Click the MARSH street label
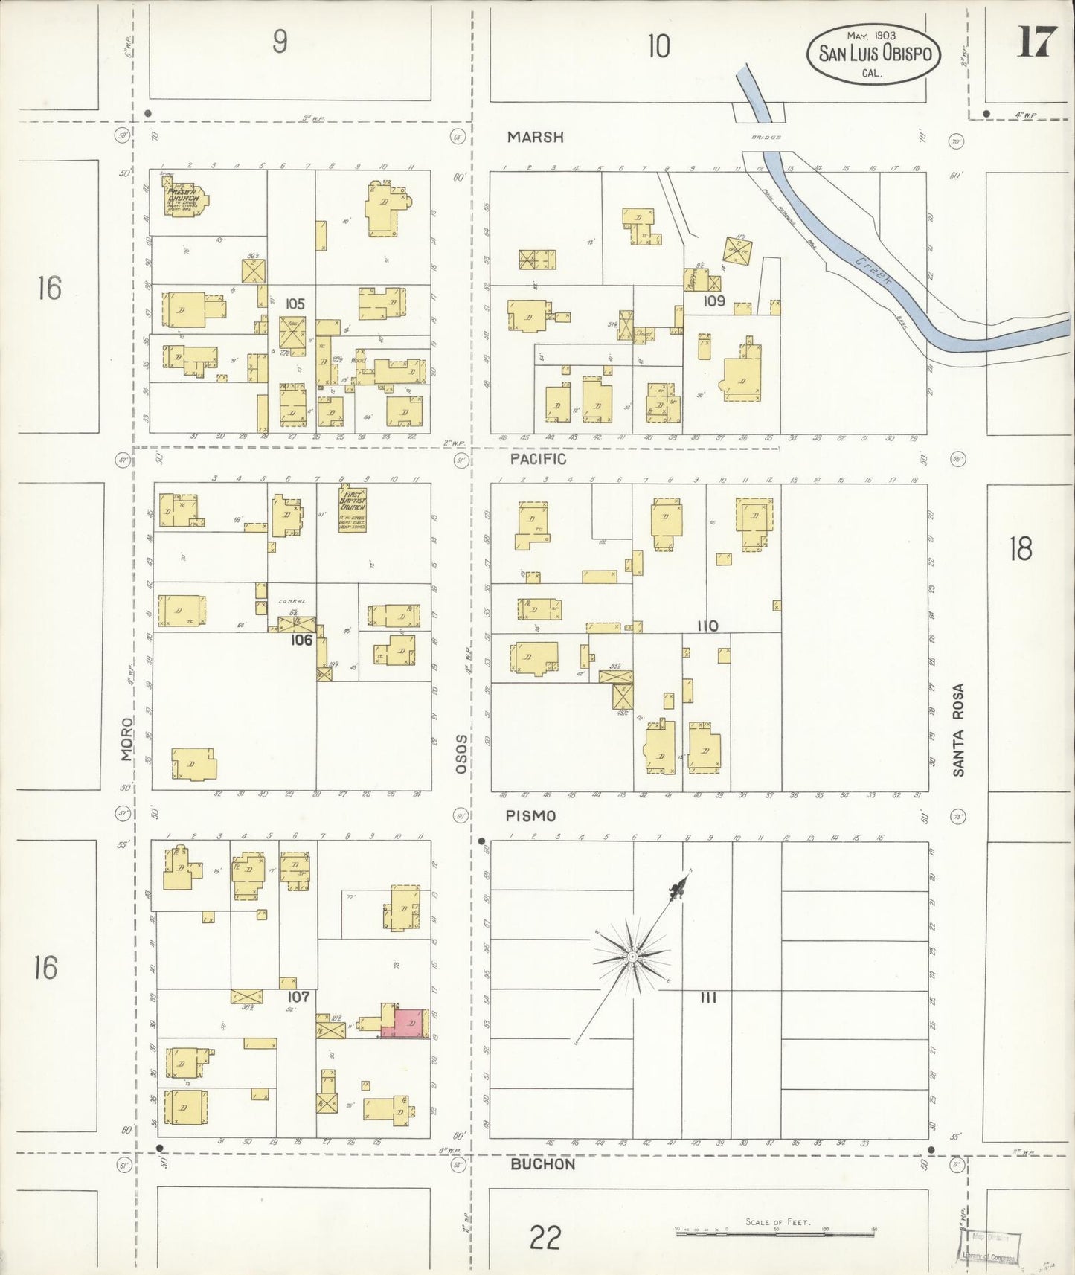(536, 137)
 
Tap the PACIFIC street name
(538, 459)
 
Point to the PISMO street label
(530, 816)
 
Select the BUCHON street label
(542, 1164)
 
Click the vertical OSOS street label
(461, 754)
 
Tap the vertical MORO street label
(126, 739)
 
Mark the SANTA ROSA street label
(958, 730)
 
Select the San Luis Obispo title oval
(874, 54)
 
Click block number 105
(295, 304)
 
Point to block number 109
(714, 301)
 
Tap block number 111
(708, 998)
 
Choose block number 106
(301, 640)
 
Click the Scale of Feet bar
(775, 1233)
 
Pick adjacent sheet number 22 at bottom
(545, 1238)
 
